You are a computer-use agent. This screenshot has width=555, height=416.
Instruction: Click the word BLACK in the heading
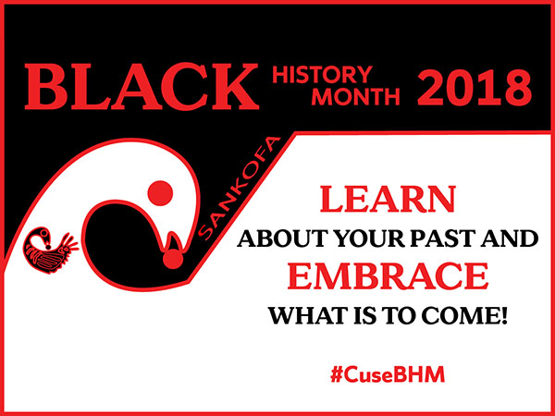142,86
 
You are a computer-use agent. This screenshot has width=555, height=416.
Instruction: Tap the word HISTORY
322,75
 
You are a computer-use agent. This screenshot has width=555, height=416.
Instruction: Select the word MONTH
355,96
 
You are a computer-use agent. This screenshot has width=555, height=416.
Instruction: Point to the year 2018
474,87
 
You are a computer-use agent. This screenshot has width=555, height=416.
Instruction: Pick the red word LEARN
388,200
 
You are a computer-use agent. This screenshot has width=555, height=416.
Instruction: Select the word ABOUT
283,239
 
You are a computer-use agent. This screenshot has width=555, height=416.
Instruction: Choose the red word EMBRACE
388,276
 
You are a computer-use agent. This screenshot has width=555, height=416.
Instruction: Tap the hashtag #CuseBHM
388,375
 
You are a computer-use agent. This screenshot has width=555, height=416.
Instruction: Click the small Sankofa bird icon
50,251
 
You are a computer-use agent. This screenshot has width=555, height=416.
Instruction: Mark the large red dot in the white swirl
160,193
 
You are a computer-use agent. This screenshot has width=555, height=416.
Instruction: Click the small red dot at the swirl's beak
173,259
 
